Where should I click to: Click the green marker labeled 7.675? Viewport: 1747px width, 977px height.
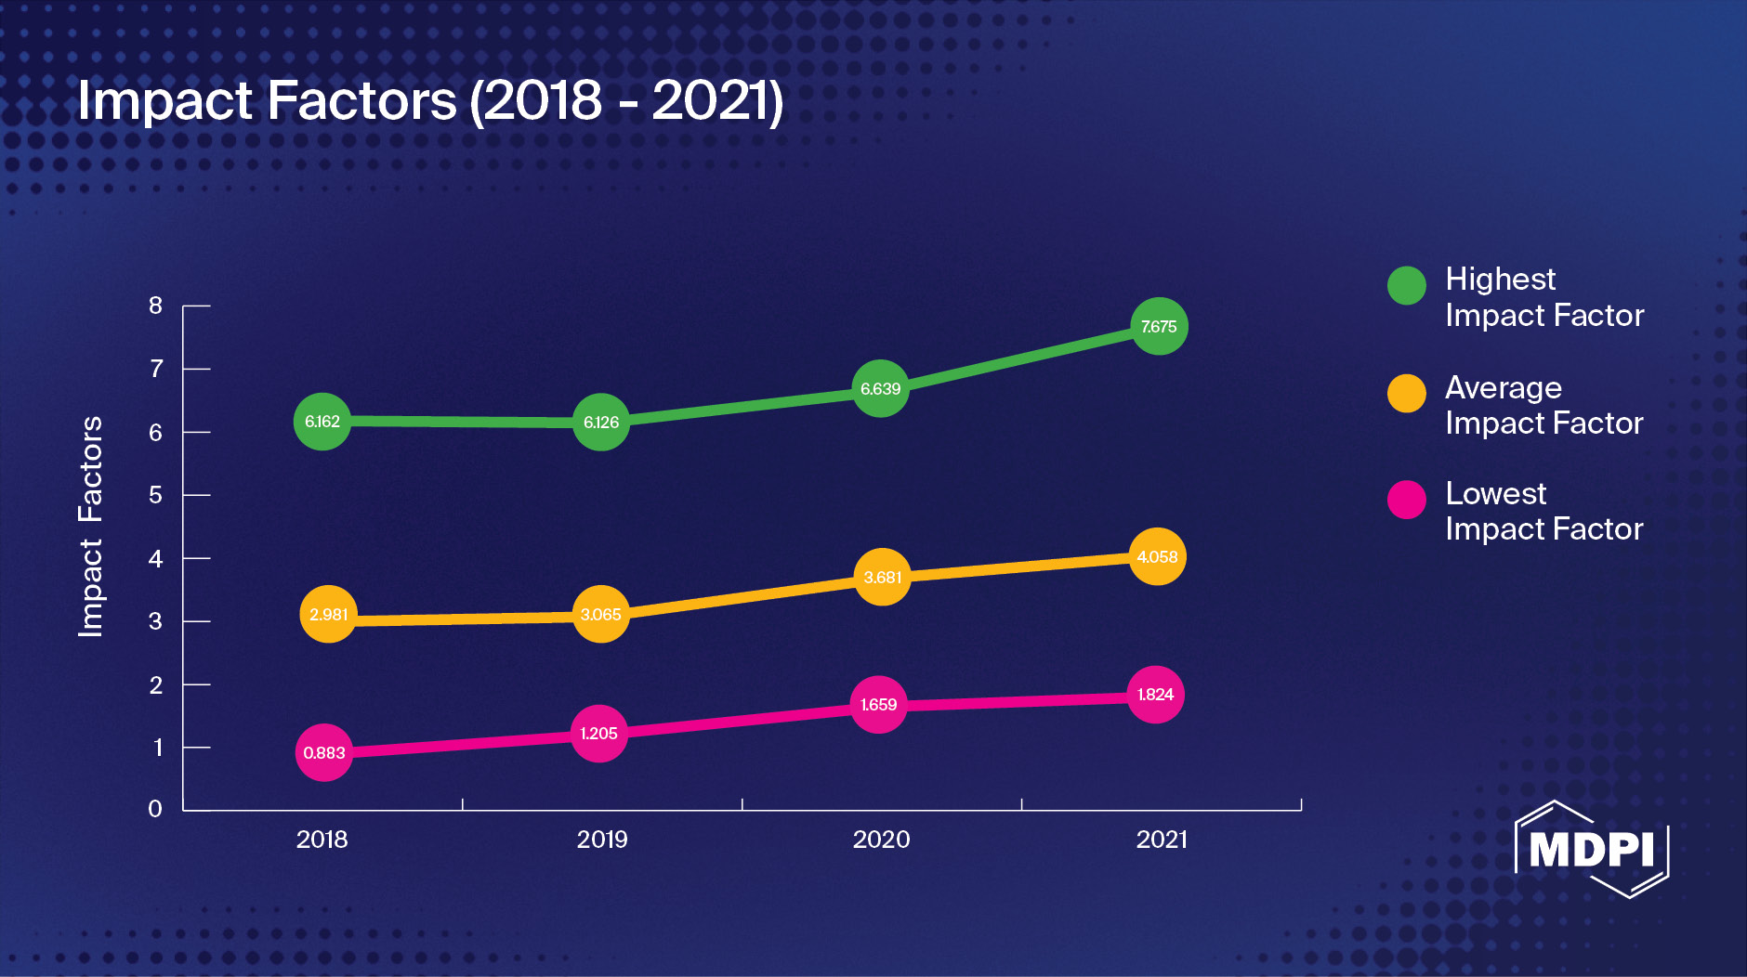coord(1159,326)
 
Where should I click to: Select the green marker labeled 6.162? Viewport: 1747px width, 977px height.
coord(322,422)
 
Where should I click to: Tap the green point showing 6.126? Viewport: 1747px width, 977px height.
coord(601,423)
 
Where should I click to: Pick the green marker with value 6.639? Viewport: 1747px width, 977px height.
coord(880,388)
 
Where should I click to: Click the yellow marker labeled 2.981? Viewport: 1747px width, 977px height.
coord(328,614)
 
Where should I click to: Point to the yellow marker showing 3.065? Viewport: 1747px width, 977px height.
coord(601,614)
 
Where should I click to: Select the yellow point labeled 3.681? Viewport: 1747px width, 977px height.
coord(882,577)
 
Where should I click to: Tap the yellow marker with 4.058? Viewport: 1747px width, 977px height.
coord(1157,556)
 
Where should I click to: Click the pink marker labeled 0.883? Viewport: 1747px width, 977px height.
coord(323,752)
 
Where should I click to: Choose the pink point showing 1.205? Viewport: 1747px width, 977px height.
coord(598,734)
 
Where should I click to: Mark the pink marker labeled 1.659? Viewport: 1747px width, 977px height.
coord(878,704)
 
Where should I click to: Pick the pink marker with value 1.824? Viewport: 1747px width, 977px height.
coord(1155,695)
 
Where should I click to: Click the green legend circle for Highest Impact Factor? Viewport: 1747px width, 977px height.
coord(1406,285)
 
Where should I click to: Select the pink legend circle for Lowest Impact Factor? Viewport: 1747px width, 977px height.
coord(1406,500)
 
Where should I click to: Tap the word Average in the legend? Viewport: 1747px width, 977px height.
coord(1503,387)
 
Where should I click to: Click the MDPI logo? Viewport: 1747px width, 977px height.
coord(1591,849)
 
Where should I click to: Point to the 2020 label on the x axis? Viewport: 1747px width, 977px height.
coord(881,840)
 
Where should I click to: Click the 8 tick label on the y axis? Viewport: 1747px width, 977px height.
coord(155,306)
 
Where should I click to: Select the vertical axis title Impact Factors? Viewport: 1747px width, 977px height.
coord(90,526)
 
